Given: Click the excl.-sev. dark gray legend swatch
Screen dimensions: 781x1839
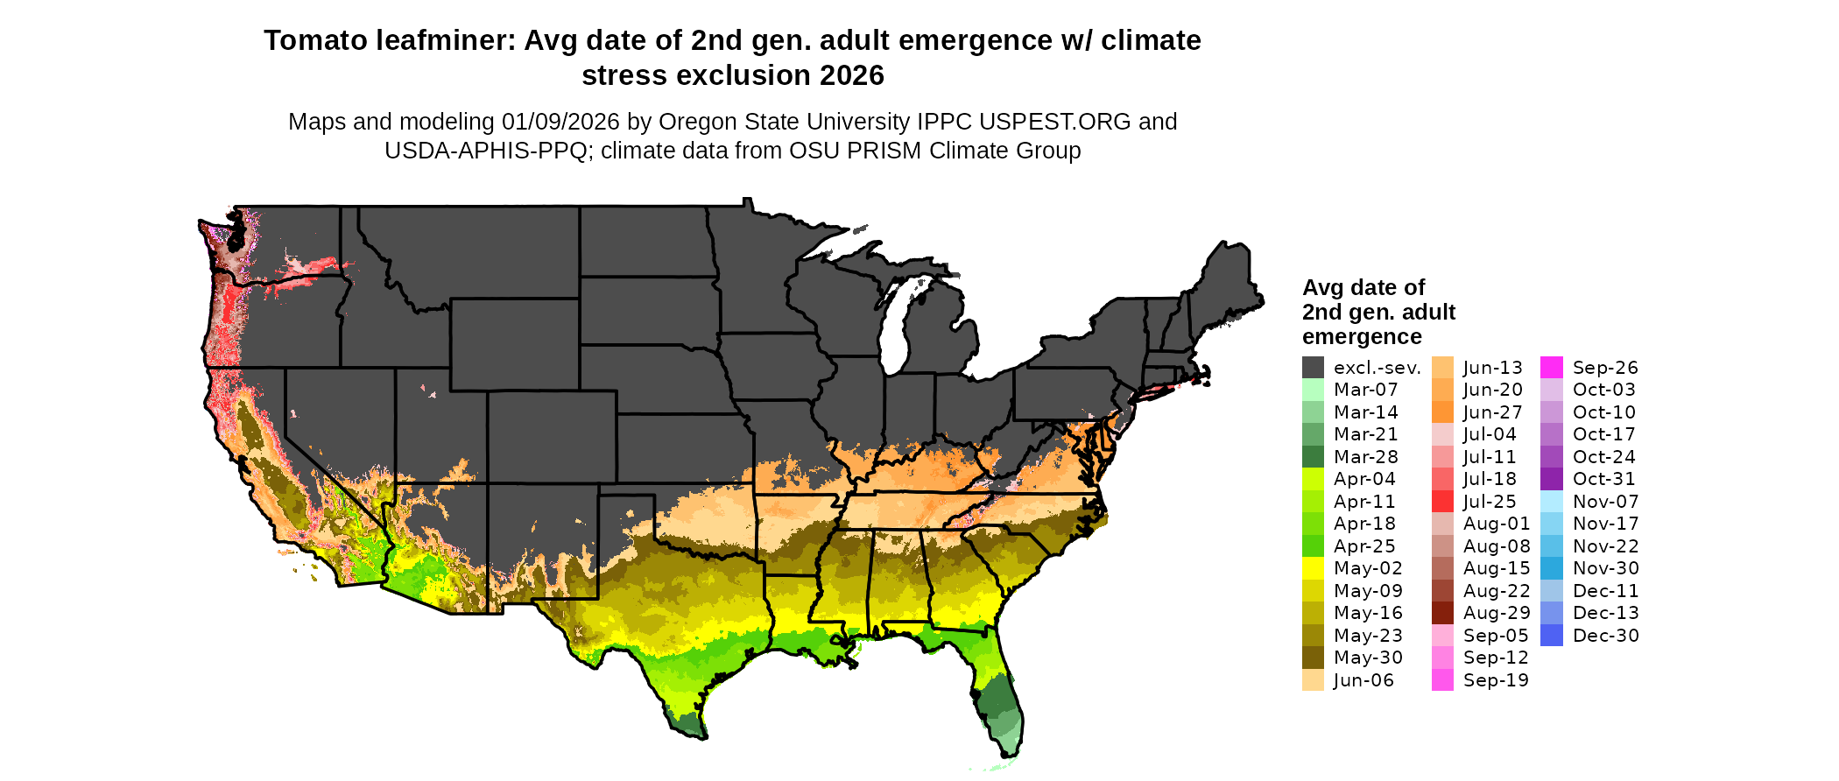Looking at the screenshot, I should tap(1313, 367).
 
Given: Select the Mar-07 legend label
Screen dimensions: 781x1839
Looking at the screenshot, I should tap(1365, 390).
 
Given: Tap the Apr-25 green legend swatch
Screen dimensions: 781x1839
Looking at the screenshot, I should tap(1313, 545).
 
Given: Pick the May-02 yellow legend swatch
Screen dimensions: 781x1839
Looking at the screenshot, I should tap(1313, 568).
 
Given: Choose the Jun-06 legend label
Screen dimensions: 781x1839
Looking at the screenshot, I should tap(1363, 680).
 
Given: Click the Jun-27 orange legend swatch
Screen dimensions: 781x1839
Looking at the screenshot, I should tap(1442, 412).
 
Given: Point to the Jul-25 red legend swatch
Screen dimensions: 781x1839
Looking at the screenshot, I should tap(1442, 501).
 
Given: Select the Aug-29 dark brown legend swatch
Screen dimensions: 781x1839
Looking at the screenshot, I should tap(1442, 613).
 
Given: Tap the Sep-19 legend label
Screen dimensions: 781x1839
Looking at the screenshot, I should tap(1496, 680).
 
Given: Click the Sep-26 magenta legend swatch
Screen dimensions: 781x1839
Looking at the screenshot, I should tap(1552, 367).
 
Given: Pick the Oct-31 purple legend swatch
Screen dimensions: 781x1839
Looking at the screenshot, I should tap(1552, 479).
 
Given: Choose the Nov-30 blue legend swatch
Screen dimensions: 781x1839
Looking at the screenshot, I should tap(1552, 568).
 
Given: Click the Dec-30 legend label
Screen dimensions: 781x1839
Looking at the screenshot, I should tap(1605, 636).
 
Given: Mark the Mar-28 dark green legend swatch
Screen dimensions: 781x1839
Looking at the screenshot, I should tap(1313, 456).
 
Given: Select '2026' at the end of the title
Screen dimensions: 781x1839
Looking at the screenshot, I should tap(852, 76).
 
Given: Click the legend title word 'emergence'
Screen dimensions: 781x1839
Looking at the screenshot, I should tap(1362, 337).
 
